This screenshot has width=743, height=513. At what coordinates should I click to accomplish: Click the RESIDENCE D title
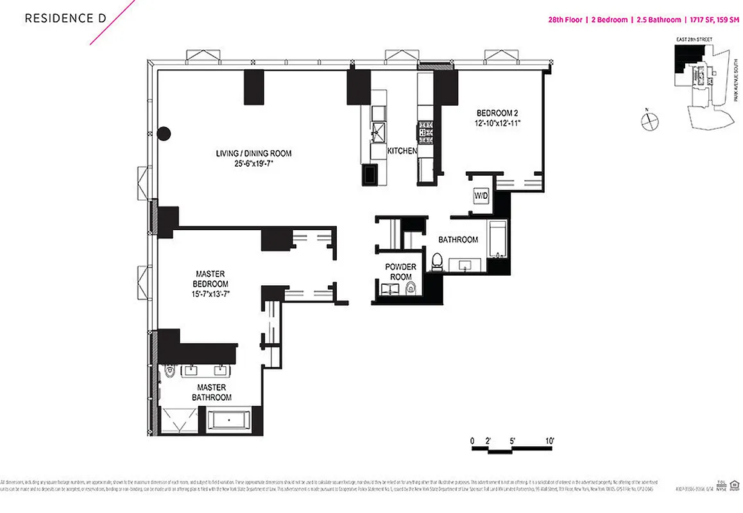[65, 19]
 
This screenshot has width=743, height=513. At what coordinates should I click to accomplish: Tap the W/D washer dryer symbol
[481, 195]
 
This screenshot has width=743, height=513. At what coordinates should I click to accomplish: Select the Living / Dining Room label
[253, 153]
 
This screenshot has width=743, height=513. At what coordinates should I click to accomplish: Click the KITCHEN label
[402, 151]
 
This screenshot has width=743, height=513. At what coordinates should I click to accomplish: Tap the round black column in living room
[164, 133]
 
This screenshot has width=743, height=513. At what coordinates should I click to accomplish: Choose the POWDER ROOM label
[400, 271]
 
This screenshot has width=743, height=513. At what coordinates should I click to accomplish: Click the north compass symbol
[650, 120]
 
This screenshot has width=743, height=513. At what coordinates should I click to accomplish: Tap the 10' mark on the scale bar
[549, 441]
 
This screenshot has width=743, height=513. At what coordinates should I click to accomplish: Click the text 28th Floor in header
[565, 20]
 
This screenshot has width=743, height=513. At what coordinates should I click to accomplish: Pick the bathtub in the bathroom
[497, 239]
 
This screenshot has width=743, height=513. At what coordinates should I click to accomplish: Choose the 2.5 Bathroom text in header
[658, 20]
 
